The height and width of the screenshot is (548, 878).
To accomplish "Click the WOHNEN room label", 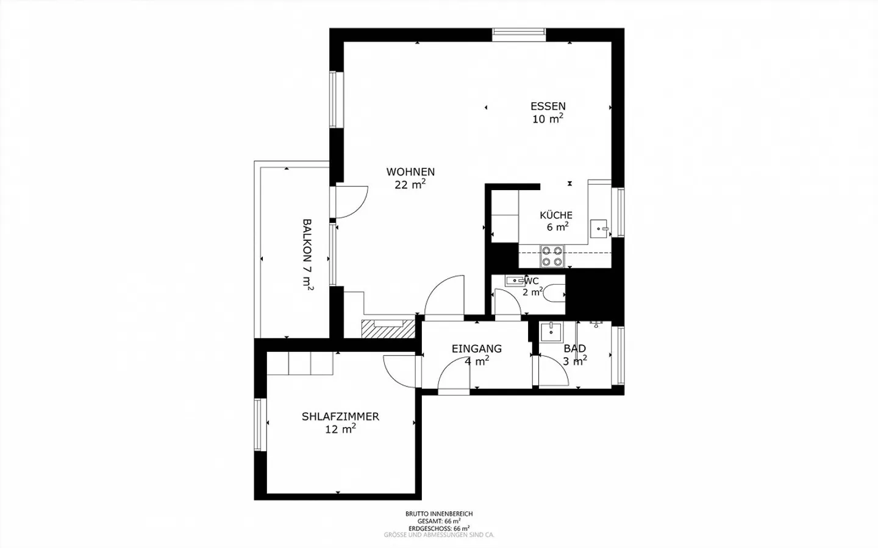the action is [x=410, y=172].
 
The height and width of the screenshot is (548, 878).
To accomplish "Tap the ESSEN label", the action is [x=548, y=106].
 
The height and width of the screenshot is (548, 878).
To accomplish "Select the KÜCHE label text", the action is [x=556, y=215].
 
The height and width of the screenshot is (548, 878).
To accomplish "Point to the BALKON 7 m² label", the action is [x=308, y=255].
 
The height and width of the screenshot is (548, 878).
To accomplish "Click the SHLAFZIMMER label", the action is [x=340, y=416].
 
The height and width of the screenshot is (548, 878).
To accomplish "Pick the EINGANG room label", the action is [x=477, y=349].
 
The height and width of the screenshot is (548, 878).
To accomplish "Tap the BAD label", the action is [x=574, y=348].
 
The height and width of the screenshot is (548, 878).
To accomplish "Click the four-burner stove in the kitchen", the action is [x=552, y=257].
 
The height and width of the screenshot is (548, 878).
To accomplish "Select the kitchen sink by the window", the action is [x=599, y=229].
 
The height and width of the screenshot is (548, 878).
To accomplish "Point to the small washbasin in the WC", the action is [x=515, y=280].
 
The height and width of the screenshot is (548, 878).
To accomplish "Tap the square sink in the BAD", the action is [x=551, y=332].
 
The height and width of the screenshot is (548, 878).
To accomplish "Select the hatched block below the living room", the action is [x=388, y=329].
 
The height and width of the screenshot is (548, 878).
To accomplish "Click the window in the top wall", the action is [x=519, y=35].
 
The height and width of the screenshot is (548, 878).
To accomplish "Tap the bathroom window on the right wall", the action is [x=618, y=355].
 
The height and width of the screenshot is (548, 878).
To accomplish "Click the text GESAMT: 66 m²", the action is [x=439, y=521].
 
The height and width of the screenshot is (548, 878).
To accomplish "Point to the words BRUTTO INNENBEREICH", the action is [x=439, y=514].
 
